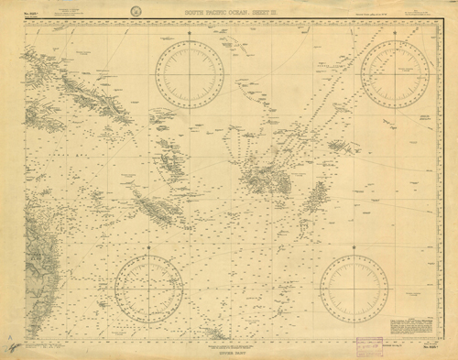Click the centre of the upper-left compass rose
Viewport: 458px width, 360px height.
[190, 74]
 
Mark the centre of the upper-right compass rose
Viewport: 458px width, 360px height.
[395, 73]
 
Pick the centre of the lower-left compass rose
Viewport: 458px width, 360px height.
[148, 289]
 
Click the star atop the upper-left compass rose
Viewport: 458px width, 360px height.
[190, 33]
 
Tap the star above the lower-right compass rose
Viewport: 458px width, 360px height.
[354, 246]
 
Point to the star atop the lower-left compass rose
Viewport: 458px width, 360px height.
[148, 247]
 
